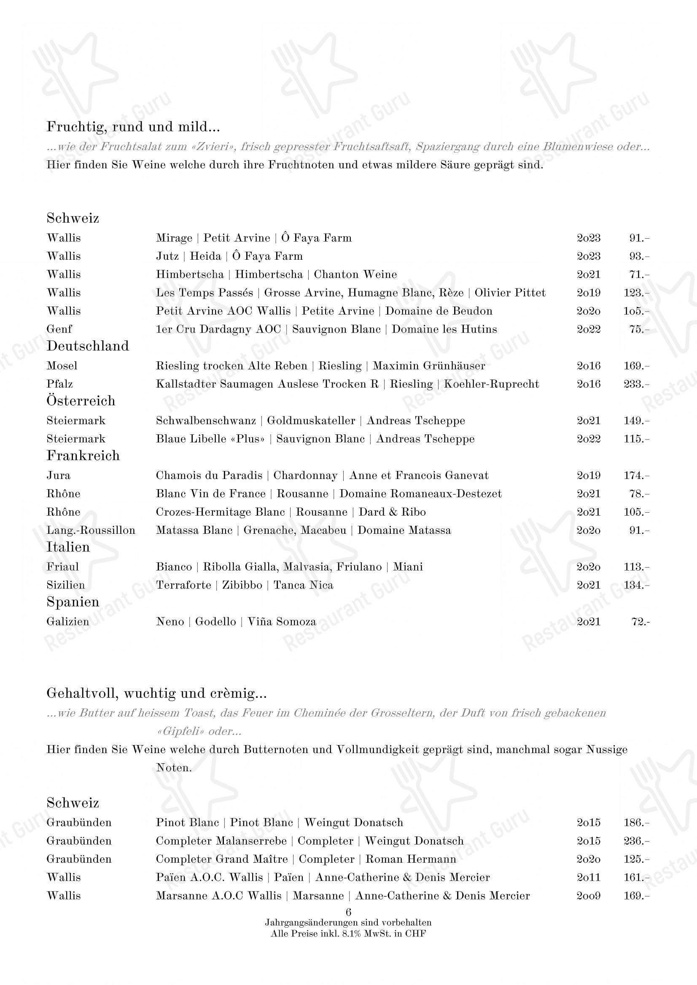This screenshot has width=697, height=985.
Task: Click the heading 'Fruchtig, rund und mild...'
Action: tap(133, 127)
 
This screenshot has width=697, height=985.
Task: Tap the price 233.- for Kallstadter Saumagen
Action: tap(636, 384)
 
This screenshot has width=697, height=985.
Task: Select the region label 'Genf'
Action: tap(59, 329)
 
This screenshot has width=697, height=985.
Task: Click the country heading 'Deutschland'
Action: tap(88, 346)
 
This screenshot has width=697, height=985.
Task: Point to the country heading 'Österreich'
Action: tap(81, 401)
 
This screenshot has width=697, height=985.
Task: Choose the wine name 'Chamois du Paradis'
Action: tap(209, 476)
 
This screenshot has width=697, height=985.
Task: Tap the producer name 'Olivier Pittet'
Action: tap(510, 293)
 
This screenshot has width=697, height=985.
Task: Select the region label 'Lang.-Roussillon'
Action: tap(91, 530)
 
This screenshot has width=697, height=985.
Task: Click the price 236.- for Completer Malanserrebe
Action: tap(636, 841)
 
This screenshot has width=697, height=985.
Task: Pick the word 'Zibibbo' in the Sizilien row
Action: tap(242, 585)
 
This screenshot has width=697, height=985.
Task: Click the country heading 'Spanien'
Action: tap(73, 602)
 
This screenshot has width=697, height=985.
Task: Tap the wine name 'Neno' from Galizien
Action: tap(170, 622)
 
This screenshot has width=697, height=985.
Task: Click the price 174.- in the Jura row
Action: tap(636, 476)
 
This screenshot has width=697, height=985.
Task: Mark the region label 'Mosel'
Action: tap(62, 366)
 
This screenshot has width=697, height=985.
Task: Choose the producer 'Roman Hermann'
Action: tap(411, 859)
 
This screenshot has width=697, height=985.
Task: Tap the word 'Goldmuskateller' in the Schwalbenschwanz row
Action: tap(311, 421)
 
